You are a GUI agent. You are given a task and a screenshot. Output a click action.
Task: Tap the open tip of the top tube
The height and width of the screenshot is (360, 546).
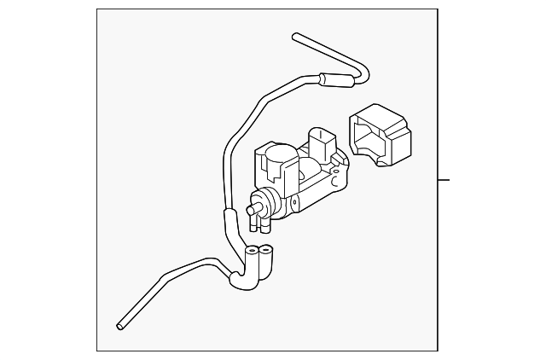pos(295,37)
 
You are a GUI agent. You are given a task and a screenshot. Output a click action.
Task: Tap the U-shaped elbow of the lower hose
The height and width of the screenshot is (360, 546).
pos(241,281)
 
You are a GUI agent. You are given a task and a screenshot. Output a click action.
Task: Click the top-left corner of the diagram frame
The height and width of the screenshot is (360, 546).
pos(97,9)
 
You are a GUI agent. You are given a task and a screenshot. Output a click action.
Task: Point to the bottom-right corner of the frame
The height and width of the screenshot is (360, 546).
pos(437,350)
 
